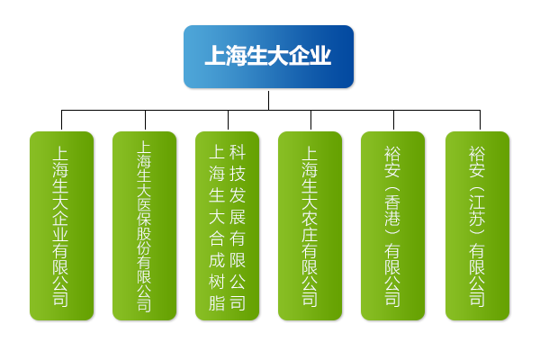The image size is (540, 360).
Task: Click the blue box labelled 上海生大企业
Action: pos(268,57)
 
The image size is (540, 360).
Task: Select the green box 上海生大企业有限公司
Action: pos(61,225)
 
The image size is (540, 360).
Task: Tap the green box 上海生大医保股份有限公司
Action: pos(144,225)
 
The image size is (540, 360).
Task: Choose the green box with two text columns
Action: pos(227,225)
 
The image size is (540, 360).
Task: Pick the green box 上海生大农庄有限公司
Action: pos(310,225)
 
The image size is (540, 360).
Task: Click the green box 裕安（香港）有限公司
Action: pos(392,225)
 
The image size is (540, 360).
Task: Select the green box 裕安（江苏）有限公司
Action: pos(477,225)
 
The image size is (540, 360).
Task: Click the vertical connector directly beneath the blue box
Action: pos(268,99)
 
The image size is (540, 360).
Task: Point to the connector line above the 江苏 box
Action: pos(480,121)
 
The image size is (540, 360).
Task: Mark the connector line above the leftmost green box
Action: pos(61,121)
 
